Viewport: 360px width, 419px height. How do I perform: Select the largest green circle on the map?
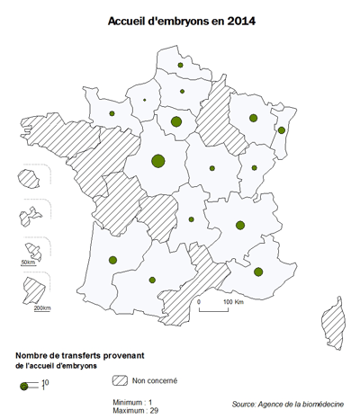coord(158,161)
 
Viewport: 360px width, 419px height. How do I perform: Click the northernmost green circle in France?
coord(181,66)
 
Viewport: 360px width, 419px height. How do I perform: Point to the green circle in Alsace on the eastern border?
coord(282,130)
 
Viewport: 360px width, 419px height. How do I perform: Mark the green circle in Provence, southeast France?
coord(259,271)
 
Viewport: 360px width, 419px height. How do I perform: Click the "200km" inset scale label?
coord(41,308)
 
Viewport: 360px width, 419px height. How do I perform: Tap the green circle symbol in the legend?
coord(23,385)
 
